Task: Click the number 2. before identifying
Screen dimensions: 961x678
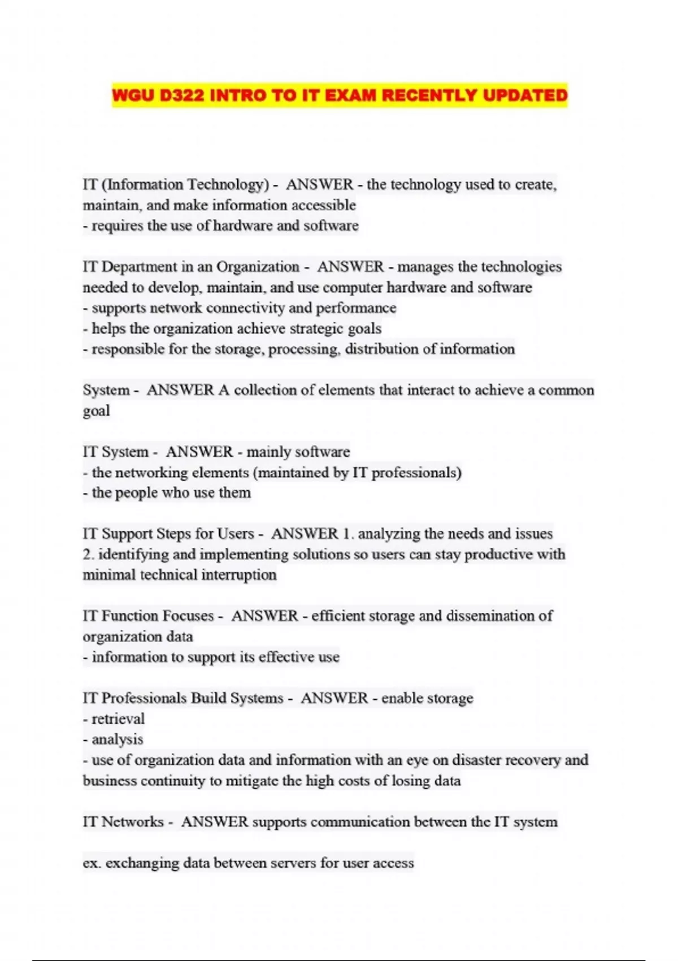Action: point(88,555)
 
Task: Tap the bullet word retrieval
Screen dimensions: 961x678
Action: point(118,719)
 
